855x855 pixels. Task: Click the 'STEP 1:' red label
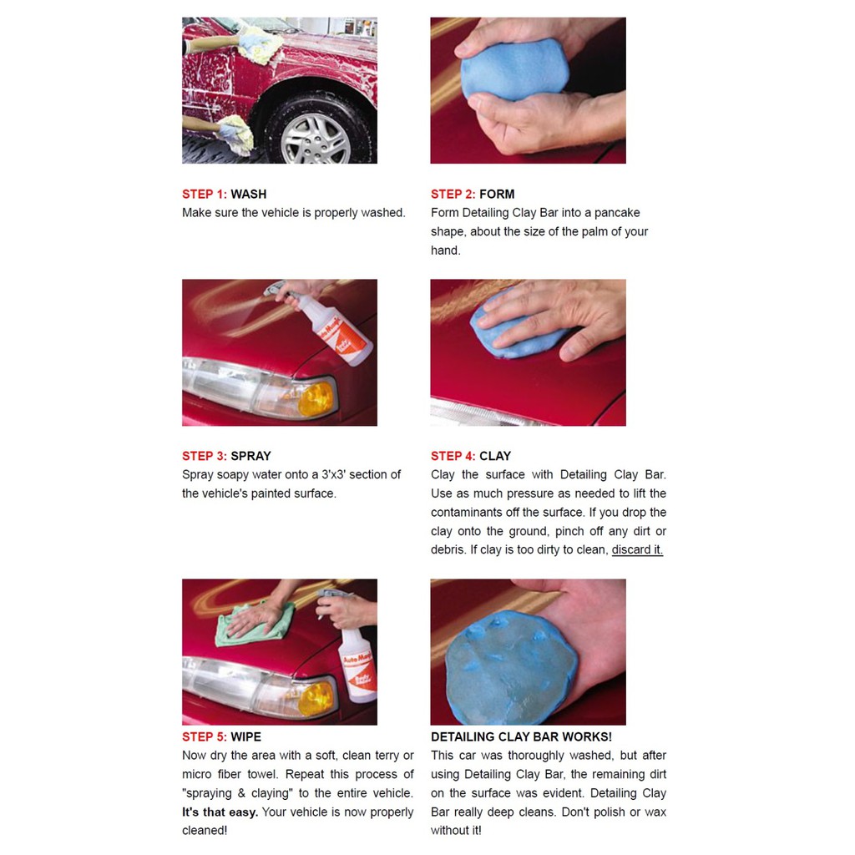point(205,194)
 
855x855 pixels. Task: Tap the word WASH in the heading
point(249,194)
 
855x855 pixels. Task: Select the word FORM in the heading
point(497,194)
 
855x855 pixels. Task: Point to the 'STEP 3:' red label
point(205,456)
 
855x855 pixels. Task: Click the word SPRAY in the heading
point(250,456)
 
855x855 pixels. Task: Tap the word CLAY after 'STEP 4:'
point(495,456)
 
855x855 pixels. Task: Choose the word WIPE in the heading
point(246,736)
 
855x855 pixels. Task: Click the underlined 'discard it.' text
point(637,549)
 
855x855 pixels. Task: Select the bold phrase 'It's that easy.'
point(220,812)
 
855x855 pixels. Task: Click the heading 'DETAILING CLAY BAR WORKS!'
point(521,736)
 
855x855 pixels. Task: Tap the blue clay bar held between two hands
point(514,69)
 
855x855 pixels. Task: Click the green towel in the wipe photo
point(254,623)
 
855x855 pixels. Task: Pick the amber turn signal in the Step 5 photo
point(316,699)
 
